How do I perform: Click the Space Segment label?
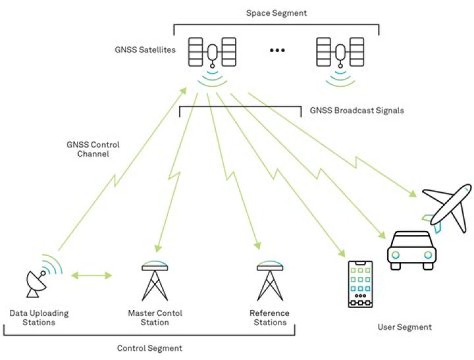coord(276,13)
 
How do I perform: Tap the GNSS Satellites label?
coord(145,50)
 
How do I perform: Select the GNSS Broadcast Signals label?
coord(357,111)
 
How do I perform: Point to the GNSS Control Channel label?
coord(93,149)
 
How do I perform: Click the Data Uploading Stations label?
coord(39,318)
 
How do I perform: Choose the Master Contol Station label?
coord(155,318)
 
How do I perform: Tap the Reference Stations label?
coord(270,318)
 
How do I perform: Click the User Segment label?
coord(404,327)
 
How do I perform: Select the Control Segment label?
coord(149,348)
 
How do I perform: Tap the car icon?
coord(411,250)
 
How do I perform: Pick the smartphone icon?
coord(360,284)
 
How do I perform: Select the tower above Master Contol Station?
coord(155,280)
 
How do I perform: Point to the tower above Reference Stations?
coord(270,280)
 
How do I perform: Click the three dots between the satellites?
coord(277,50)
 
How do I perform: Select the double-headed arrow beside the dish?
coord(92,275)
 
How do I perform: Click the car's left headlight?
coord(396,255)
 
